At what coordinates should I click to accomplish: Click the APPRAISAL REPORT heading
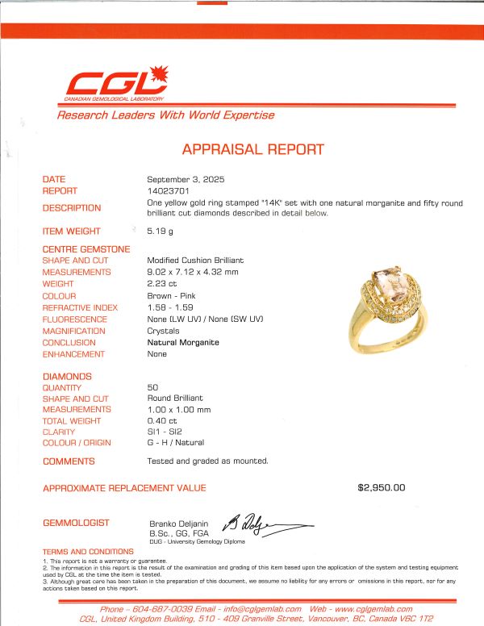tap(252, 149)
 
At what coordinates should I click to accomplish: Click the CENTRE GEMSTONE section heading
tap(86, 249)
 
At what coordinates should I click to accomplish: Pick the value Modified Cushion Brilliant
tap(195, 261)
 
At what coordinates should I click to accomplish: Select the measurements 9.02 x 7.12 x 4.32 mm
tap(194, 273)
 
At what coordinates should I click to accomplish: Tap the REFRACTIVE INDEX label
tap(81, 307)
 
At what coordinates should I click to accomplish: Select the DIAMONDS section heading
tap(67, 377)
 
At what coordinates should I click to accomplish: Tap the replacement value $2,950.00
tap(382, 488)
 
